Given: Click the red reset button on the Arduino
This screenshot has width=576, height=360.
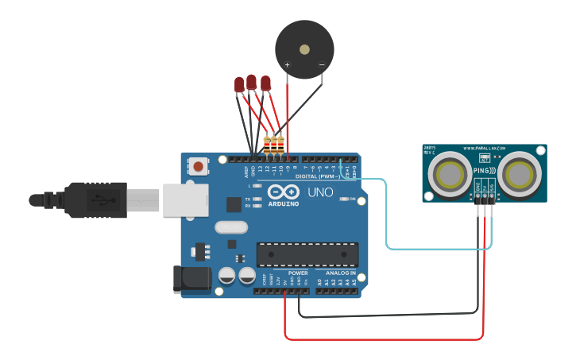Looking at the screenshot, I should coord(198,166).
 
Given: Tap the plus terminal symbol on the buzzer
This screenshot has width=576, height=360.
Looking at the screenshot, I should coord(287,64).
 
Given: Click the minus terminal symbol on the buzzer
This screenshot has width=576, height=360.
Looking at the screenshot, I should coord(321,64).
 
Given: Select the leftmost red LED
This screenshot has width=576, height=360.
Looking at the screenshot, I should coord(239,84).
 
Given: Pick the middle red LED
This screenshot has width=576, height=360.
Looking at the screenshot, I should coord(252,81).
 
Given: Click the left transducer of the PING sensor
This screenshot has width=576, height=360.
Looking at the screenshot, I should coord(448,172).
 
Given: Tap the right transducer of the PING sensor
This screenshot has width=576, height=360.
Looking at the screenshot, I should coord(520,172).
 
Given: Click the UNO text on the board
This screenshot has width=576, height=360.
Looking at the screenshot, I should coord(320,192).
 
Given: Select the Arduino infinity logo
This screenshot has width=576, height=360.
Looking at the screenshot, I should coord(284,192).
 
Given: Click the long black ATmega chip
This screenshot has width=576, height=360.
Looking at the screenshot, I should coord(307,254).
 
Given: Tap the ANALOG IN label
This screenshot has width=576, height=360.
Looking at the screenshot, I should coord(337,273).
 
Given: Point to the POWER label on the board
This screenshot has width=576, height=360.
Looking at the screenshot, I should coord(298,273).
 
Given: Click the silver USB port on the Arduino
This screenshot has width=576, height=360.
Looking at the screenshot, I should coord(185,199).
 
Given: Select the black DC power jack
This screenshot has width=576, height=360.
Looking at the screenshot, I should coord(191,279).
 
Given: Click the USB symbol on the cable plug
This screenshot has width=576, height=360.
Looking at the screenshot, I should coord(99,200).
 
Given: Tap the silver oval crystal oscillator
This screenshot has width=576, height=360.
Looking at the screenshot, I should coord(230,227).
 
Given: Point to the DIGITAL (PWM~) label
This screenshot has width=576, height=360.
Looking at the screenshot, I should coord(318,176).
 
